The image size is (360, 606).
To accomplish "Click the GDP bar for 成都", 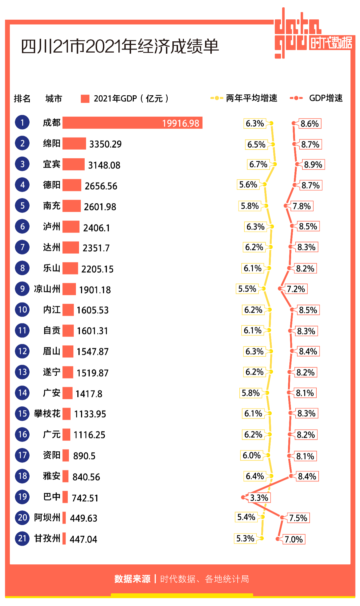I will (x=132, y=123).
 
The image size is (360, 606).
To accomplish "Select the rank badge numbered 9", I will (x=22, y=289).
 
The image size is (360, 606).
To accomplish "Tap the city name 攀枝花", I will (x=47, y=413).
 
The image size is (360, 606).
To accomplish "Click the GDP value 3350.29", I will (x=105, y=144).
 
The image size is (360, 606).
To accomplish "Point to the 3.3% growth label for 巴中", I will (x=259, y=498).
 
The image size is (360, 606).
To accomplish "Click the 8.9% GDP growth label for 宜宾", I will (x=313, y=165).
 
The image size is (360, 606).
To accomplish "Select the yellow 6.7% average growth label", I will (x=258, y=164).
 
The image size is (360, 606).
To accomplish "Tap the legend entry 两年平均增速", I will (x=251, y=98).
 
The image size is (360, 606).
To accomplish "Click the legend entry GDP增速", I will (x=326, y=98).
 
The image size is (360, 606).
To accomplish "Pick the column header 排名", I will (x=22, y=99).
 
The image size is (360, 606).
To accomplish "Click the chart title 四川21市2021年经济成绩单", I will (x=120, y=46).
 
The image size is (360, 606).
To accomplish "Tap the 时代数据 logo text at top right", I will (x=331, y=43).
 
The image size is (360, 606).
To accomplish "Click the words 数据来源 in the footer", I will (x=132, y=579).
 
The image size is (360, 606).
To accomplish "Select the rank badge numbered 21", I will (x=22, y=538).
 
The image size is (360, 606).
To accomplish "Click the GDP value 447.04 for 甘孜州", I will (x=83, y=539).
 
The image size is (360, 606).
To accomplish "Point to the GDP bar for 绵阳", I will (x=74, y=144).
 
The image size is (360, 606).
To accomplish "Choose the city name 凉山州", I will (x=47, y=289).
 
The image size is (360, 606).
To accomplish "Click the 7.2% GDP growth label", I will (x=296, y=289).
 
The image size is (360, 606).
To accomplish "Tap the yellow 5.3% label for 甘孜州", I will (x=245, y=538).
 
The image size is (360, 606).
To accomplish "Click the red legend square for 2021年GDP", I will (x=85, y=99).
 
